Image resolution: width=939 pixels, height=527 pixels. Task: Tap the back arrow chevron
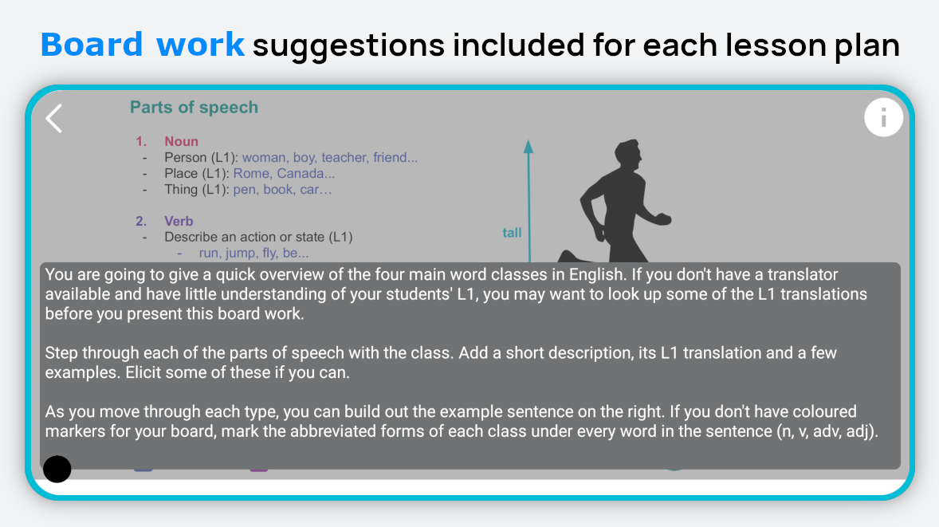click(54, 118)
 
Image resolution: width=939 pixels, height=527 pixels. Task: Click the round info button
click(883, 117)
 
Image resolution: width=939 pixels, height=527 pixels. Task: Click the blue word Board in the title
click(92, 45)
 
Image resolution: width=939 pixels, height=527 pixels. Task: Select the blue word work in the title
click(200, 45)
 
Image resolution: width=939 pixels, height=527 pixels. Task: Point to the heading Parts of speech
click(194, 107)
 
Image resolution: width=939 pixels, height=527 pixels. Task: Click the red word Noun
click(182, 141)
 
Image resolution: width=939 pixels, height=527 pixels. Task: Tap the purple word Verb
click(179, 221)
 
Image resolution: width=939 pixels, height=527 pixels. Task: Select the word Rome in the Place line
click(251, 174)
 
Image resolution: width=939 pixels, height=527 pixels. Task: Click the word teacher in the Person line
click(344, 158)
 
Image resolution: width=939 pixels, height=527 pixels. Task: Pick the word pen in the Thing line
click(245, 190)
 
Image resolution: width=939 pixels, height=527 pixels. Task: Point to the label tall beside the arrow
click(512, 233)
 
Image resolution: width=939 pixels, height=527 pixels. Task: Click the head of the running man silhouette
click(627, 155)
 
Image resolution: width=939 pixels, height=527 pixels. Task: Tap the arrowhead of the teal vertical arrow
click(528, 147)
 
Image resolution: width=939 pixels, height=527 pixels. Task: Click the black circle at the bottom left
click(57, 468)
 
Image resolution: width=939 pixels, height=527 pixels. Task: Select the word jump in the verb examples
click(240, 254)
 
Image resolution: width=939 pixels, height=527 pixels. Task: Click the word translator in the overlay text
click(803, 275)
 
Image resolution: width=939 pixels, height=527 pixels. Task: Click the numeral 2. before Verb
click(141, 221)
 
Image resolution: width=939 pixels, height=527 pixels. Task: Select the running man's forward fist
click(662, 219)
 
